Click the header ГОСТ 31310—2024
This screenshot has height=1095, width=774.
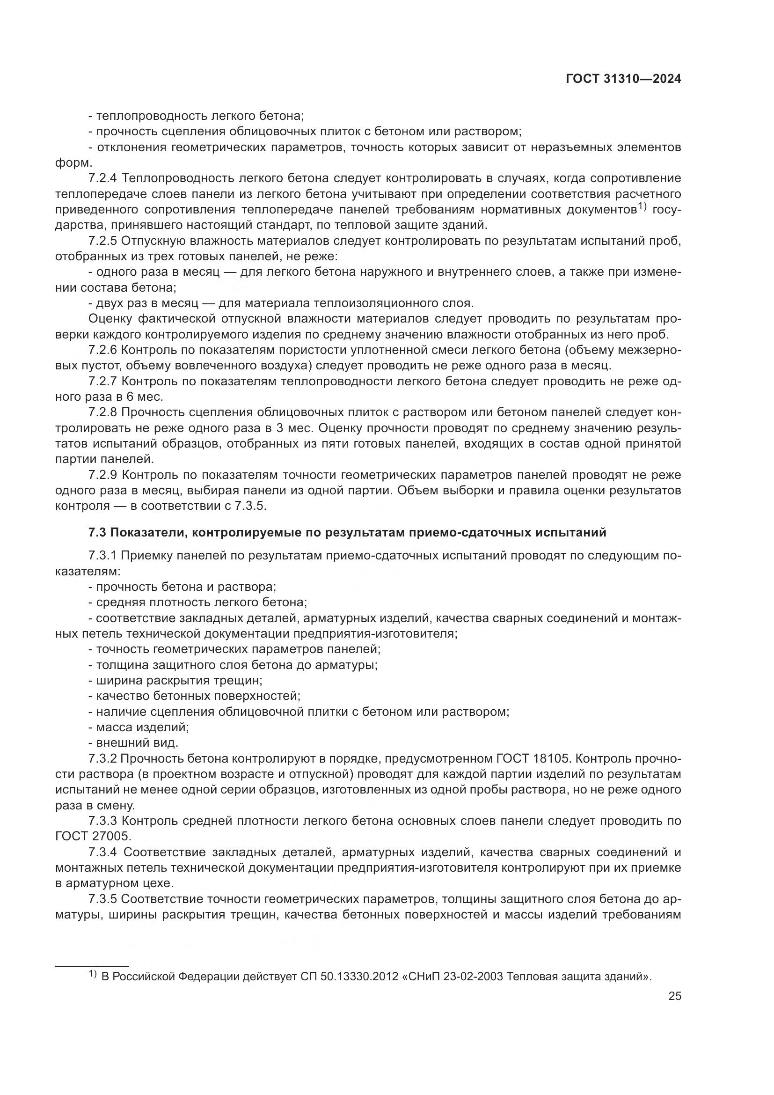click(x=623, y=79)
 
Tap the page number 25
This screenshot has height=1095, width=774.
click(x=674, y=996)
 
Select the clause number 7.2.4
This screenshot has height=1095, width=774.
click(x=103, y=178)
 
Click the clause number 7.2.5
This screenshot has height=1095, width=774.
click(x=103, y=241)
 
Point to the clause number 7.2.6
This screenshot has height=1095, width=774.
click(x=103, y=350)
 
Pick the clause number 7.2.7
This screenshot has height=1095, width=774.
click(x=103, y=381)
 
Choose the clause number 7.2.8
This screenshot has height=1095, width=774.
click(x=103, y=412)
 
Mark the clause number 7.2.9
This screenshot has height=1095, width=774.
click(x=103, y=475)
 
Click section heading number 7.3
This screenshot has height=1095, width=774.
click(x=98, y=532)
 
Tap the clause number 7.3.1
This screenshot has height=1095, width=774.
click(x=103, y=556)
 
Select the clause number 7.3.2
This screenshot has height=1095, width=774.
click(x=103, y=758)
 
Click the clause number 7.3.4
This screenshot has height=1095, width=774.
click(x=103, y=852)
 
